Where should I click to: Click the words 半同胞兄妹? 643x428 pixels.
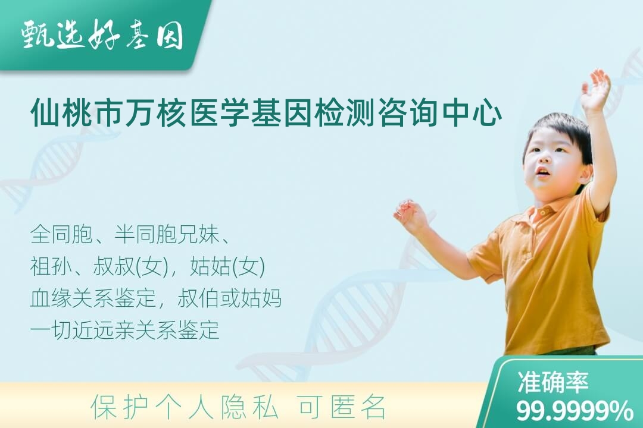click(166, 235)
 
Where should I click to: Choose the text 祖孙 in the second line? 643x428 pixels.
click(51, 267)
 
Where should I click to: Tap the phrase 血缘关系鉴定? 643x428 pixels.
click(93, 298)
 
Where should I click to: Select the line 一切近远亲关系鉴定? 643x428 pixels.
click(124, 330)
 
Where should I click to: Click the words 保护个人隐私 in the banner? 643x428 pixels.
click(185, 407)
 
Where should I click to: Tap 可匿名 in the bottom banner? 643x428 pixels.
click(342, 407)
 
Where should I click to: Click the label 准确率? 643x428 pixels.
click(553, 382)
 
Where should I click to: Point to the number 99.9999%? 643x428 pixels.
click(575, 411)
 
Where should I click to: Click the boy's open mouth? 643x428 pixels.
click(542, 171)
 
